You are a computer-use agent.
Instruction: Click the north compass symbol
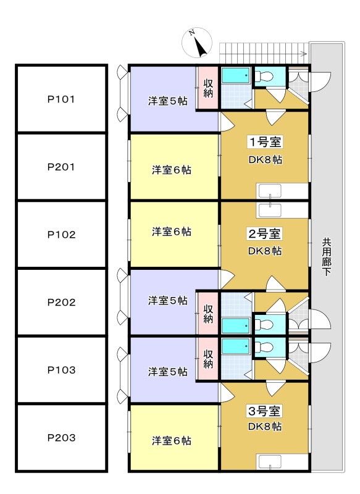197,43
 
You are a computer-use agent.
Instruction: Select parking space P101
61,99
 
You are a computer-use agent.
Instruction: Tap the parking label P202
61,303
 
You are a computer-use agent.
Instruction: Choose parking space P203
61,438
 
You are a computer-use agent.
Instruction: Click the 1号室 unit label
265,142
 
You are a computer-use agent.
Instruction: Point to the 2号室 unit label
264,234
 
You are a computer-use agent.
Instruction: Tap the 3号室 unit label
264,411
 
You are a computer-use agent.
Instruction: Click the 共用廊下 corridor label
327,257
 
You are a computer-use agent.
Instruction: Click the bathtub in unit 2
237,325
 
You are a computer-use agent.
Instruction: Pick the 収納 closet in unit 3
207,359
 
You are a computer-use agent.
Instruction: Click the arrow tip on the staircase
307,54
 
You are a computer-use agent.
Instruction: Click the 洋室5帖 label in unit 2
168,301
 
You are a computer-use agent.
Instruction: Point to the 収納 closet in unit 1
207,88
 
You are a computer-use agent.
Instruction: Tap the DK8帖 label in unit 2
265,251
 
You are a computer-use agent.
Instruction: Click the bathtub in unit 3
237,346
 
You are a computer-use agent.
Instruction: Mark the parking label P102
61,235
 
